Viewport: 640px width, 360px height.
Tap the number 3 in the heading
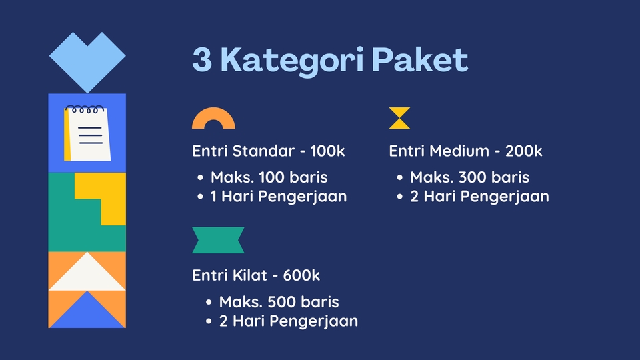(x=203, y=60)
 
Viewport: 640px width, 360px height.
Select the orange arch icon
(x=213, y=119)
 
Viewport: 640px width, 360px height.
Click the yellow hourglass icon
(x=399, y=118)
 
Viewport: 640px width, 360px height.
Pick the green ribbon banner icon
(x=218, y=240)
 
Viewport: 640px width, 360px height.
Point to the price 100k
(x=327, y=151)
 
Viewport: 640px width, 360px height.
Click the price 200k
(x=524, y=151)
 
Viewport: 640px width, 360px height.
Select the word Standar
(x=263, y=151)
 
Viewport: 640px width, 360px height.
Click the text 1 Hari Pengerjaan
(x=279, y=197)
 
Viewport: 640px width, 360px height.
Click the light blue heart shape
(x=87, y=58)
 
